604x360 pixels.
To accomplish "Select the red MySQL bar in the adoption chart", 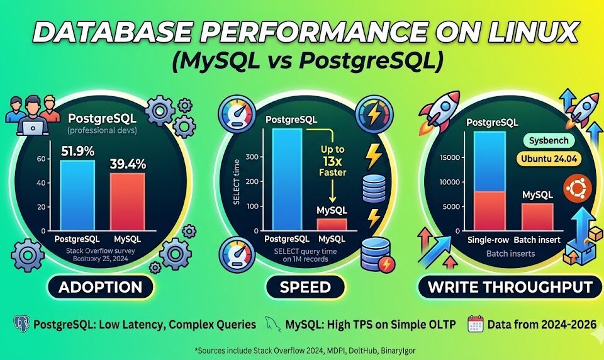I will click(128, 201).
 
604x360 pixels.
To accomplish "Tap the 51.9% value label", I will click(78, 151).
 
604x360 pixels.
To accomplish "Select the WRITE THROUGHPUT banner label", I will click(510, 288).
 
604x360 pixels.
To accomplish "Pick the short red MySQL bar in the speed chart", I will click(331, 224).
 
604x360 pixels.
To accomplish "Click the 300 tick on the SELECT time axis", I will click(252, 157).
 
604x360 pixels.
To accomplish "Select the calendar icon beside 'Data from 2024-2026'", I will click(475, 325).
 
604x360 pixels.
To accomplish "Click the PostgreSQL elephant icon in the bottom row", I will click(21, 325).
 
